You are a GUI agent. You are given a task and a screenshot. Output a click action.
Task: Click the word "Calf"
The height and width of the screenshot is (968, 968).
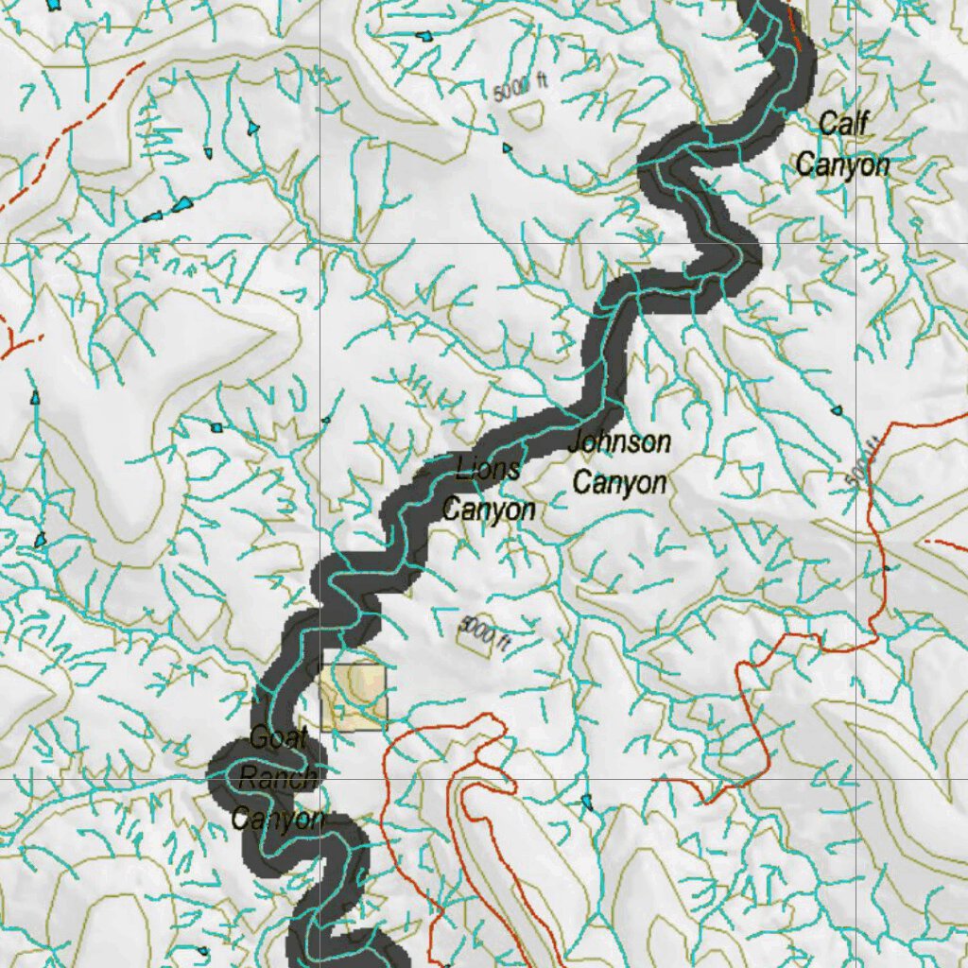(843, 123)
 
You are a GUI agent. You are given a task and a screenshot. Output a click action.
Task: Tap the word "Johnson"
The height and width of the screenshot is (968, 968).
(619, 441)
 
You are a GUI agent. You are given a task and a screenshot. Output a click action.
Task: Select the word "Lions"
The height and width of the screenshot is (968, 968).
(488, 469)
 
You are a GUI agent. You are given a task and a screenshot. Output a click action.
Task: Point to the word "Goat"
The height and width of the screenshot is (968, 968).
(277, 739)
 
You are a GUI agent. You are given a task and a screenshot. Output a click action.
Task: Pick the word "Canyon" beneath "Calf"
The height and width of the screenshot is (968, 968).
(842, 164)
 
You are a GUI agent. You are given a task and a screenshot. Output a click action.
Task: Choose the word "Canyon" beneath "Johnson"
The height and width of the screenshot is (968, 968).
(619, 483)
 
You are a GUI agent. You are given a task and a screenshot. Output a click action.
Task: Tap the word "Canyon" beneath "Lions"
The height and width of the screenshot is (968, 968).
(489, 510)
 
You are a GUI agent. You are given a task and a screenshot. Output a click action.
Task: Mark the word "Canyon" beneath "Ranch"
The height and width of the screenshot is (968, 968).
(279, 819)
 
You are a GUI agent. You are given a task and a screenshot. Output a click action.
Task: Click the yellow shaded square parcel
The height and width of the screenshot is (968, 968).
(354, 697)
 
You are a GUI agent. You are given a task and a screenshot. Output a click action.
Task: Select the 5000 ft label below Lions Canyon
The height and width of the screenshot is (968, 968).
(486, 632)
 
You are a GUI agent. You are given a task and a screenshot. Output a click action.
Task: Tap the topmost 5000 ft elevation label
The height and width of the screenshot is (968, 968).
(520, 88)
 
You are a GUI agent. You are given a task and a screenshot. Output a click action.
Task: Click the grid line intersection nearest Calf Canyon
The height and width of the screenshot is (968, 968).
(856, 243)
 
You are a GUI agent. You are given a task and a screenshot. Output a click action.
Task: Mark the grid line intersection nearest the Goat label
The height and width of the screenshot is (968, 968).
(321, 779)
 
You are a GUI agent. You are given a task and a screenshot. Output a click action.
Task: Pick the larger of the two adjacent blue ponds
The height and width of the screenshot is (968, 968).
(182, 203)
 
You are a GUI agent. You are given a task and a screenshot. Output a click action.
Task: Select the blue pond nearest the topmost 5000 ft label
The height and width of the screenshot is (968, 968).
(508, 148)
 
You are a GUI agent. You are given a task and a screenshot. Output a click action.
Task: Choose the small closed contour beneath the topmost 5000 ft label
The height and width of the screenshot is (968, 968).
(526, 114)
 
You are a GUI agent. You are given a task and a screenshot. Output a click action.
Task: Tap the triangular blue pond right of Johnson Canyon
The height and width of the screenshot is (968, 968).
(836, 410)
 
